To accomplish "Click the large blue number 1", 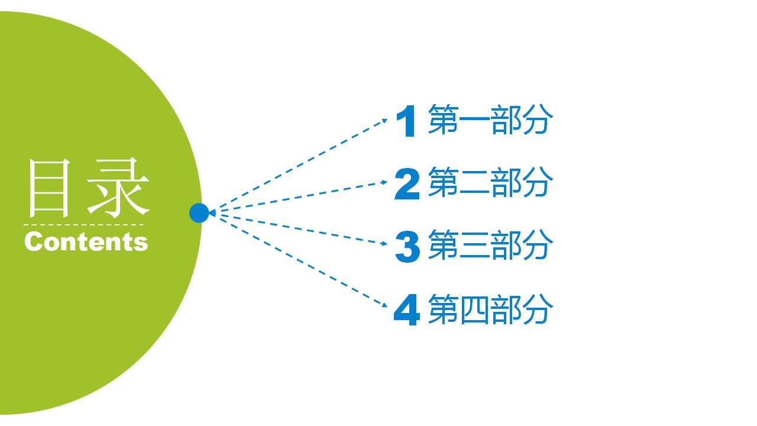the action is pyautogui.click(x=406, y=121).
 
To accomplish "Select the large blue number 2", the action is pyautogui.click(x=407, y=183).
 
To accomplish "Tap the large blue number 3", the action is pyautogui.click(x=407, y=246).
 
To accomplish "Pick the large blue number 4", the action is pyautogui.click(x=407, y=309).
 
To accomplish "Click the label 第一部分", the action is pyautogui.click(x=490, y=120).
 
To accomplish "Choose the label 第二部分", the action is pyautogui.click(x=490, y=182).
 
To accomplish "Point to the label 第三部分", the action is pyautogui.click(x=490, y=245).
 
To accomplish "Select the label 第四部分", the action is pyautogui.click(x=490, y=309).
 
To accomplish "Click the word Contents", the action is pyautogui.click(x=86, y=242).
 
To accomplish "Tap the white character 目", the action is pyautogui.click(x=50, y=188).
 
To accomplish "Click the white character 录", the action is pyautogui.click(x=118, y=188).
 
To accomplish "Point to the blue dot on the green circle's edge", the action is pyautogui.click(x=199, y=213).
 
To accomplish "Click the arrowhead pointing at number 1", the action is pyautogui.click(x=384, y=120).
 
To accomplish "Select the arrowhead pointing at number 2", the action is pyautogui.click(x=384, y=182).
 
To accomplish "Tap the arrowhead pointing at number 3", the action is pyautogui.click(x=384, y=243).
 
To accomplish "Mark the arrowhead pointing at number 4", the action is pyautogui.click(x=384, y=305).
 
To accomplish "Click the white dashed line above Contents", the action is pyautogui.click(x=83, y=224).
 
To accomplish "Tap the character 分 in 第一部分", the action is pyautogui.click(x=538, y=120).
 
